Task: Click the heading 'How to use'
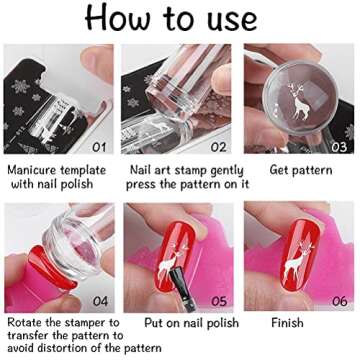[x=180, y=20]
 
